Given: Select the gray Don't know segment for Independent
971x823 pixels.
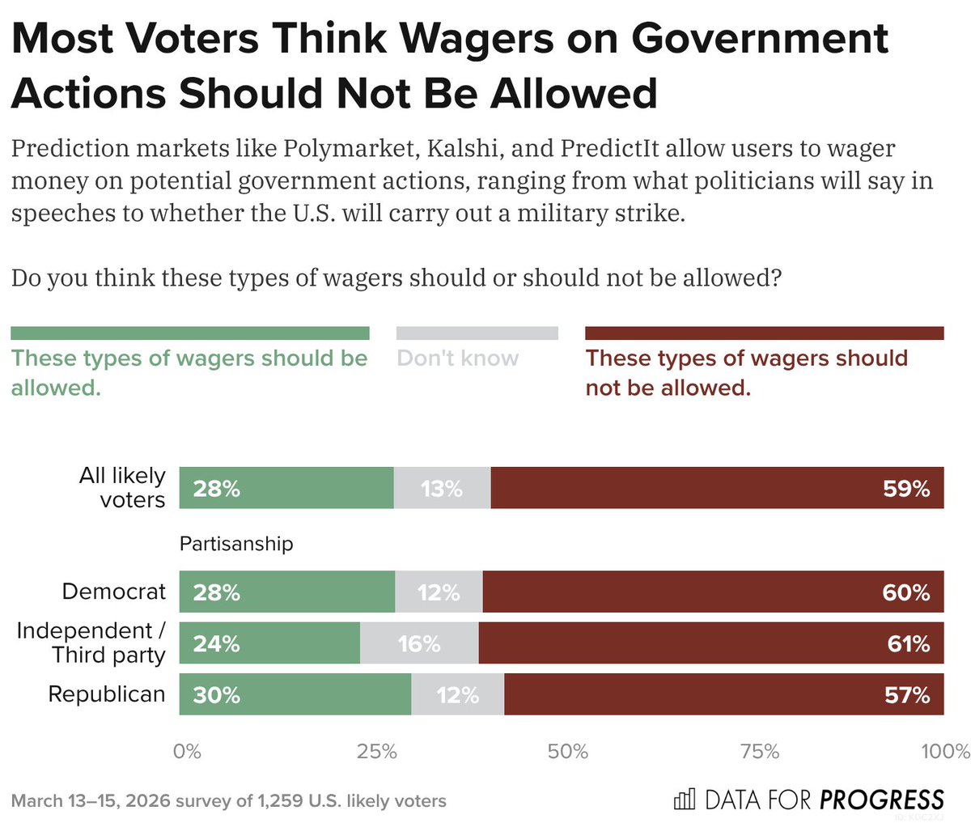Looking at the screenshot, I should [x=419, y=643].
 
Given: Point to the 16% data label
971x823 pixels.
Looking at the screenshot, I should [x=419, y=644].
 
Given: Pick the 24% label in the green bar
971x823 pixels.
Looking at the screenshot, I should [x=216, y=644].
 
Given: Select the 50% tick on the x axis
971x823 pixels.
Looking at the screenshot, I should [x=567, y=752].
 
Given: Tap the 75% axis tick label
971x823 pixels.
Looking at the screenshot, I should [x=759, y=752].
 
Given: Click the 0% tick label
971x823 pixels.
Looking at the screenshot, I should [x=187, y=752].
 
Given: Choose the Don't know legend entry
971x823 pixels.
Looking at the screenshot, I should [x=458, y=358].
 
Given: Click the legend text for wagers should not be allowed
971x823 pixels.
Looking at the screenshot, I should [x=746, y=373].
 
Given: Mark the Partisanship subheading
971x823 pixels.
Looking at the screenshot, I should [x=236, y=544].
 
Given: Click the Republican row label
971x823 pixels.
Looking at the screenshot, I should [x=107, y=694].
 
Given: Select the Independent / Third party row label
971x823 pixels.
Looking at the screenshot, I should [x=91, y=643].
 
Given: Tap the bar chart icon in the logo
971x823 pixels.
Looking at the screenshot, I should [x=684, y=800].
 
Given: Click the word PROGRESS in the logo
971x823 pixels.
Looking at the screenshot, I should [x=881, y=800].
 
